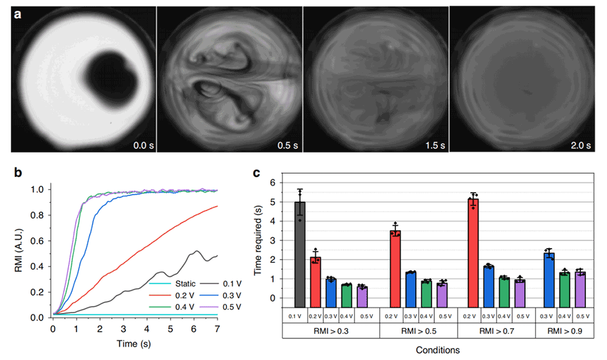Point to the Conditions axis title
(x=438, y=350)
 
